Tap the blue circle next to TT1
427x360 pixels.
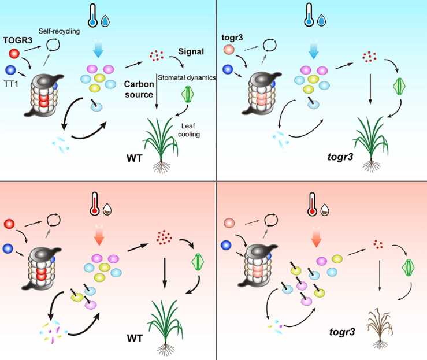10,70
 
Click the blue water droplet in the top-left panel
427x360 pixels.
105,21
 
